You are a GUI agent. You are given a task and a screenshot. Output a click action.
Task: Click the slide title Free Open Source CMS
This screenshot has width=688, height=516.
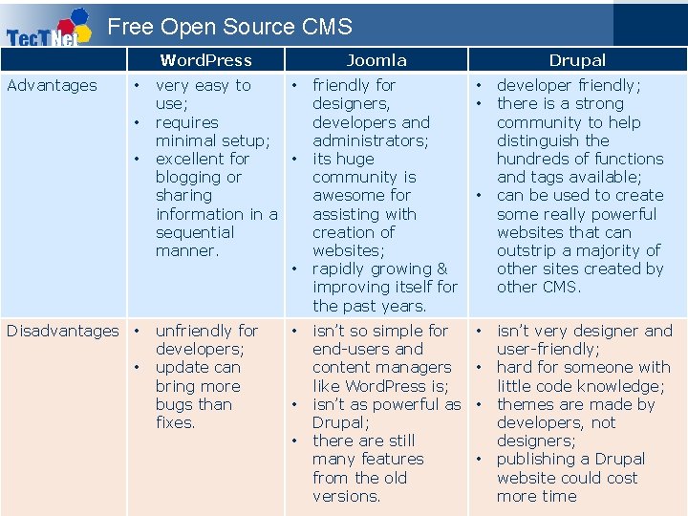click(x=229, y=27)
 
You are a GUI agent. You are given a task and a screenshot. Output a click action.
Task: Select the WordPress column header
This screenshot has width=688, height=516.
click(x=206, y=60)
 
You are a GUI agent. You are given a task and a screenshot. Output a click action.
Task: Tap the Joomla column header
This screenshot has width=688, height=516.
click(x=376, y=60)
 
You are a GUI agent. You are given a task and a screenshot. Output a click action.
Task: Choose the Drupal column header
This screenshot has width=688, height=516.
click(x=577, y=60)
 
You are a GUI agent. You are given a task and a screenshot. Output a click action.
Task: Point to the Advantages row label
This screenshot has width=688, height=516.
click(x=52, y=85)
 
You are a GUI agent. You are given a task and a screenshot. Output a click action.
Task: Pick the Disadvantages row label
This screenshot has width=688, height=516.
click(x=63, y=331)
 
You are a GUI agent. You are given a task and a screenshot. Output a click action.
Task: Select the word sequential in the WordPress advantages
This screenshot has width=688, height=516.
click(x=195, y=232)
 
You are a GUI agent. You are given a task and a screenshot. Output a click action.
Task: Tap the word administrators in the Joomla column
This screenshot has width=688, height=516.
click(x=370, y=140)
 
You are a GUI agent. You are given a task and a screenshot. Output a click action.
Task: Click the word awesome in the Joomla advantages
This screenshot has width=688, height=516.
click(x=349, y=196)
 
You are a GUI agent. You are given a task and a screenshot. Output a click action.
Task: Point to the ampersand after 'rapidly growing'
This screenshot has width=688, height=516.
click(x=441, y=269)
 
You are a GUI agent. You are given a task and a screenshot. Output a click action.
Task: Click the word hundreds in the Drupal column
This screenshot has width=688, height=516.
click(x=536, y=159)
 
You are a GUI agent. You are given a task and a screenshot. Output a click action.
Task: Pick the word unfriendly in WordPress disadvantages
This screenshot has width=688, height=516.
click(x=206, y=331)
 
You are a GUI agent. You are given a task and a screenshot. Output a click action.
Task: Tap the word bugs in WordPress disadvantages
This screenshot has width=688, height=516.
click(x=174, y=404)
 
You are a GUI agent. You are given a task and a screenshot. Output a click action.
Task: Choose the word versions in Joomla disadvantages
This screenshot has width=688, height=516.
click(x=346, y=496)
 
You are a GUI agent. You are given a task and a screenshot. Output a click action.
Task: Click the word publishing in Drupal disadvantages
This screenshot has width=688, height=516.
click(x=538, y=459)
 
